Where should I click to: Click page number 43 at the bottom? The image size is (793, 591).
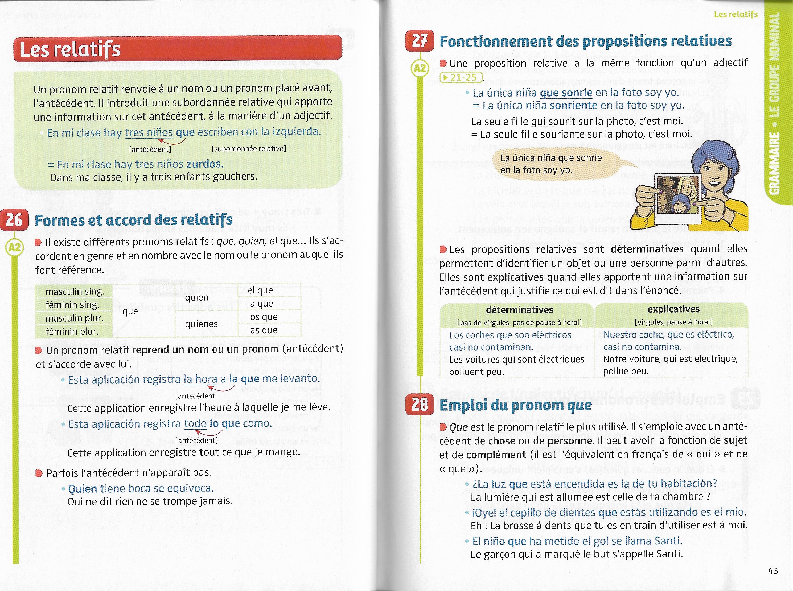tap(773, 571)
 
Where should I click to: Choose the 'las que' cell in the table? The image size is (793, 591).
tap(262, 330)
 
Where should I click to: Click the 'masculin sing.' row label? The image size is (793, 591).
tap(75, 292)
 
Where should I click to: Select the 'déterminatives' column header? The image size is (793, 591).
tap(519, 309)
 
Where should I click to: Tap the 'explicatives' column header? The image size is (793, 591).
tap(673, 309)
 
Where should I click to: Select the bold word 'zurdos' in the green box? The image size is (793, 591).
tap(204, 164)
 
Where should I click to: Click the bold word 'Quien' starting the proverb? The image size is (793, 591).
tap(82, 489)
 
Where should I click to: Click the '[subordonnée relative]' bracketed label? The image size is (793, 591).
tap(249, 148)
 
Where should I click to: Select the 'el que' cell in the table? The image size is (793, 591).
tap(260, 290)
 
